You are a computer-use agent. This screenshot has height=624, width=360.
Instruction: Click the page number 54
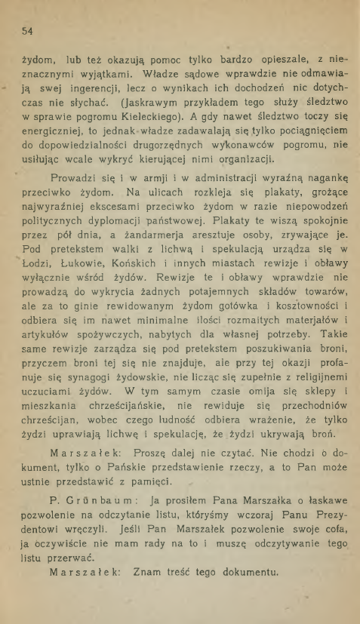click(29, 31)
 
